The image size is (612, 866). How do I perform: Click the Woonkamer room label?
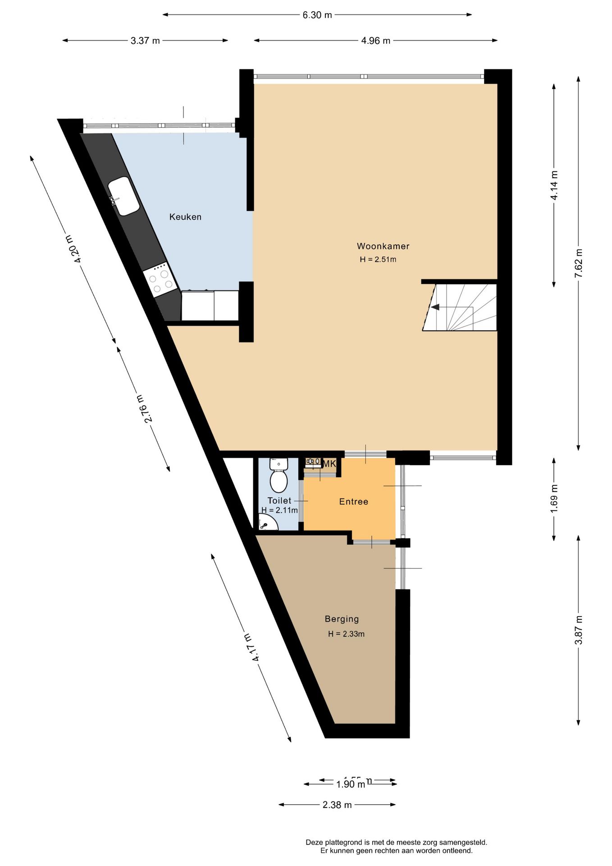click(383, 246)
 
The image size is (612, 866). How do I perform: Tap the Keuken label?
click(185, 217)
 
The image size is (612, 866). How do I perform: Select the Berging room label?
click(342, 619)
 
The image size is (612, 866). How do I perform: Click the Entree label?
click(353, 502)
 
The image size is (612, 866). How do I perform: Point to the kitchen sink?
click(123, 196)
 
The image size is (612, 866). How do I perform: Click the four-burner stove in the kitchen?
click(160, 280)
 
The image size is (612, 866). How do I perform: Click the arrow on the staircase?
click(435, 307)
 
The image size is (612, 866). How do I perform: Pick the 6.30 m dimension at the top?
click(317, 15)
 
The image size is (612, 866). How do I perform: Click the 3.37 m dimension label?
click(145, 41)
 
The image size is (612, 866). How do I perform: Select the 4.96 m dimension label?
click(375, 41)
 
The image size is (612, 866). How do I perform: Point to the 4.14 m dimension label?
click(554, 185)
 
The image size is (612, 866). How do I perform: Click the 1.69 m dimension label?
click(554, 498)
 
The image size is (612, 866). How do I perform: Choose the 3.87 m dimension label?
click(579, 630)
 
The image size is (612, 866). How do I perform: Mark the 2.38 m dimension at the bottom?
click(337, 805)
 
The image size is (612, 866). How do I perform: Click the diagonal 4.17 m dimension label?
click(251, 647)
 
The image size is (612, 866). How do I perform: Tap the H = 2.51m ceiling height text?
click(378, 259)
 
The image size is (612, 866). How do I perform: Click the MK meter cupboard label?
click(329, 464)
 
